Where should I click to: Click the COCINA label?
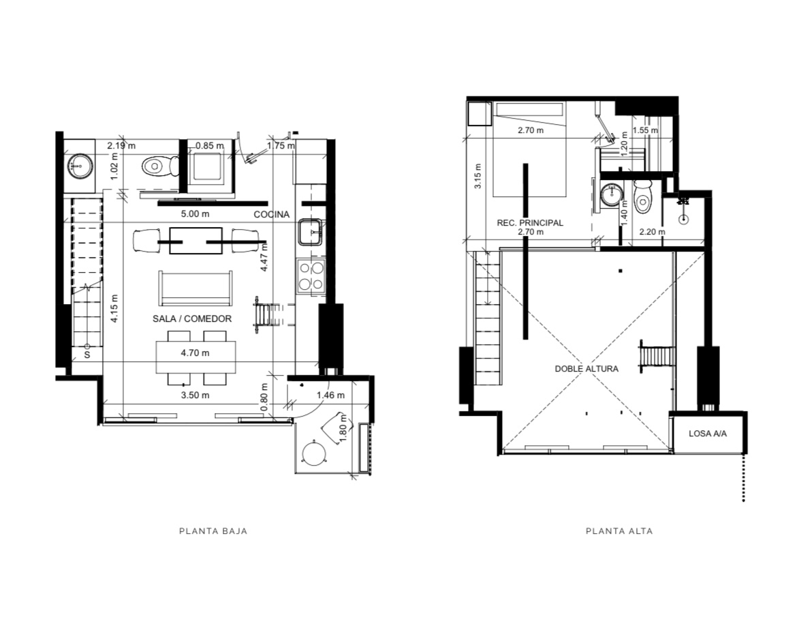pos(271,215)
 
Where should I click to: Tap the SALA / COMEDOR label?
pos(192,319)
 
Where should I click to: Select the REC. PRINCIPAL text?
pos(530,223)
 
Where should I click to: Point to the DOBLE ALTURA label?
pos(587,369)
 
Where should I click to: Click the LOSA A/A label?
pos(708,434)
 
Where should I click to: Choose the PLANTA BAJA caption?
pos(213,531)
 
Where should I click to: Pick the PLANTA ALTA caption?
pos(619,531)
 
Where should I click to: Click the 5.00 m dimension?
pos(196,214)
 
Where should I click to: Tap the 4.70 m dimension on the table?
pos(196,352)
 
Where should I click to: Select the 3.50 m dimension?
pos(196,395)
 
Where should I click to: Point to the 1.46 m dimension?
pos(330,395)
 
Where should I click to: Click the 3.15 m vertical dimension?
pos(478,176)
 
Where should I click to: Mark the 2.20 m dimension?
pos(652,232)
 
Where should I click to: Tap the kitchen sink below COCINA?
pos(311,232)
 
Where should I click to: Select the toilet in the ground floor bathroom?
pos(160,166)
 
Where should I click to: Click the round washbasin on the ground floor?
pos(80,165)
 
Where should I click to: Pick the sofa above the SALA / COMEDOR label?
pos(196,288)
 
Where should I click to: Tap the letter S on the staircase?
pos(87,354)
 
